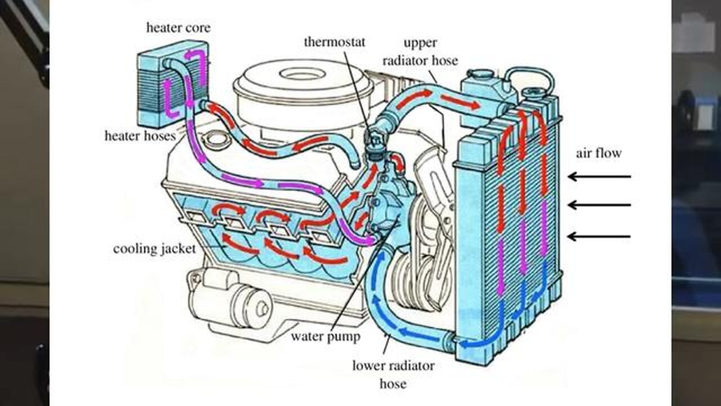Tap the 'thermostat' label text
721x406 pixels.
(335, 42)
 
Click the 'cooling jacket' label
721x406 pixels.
(154, 249)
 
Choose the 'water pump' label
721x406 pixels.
(325, 337)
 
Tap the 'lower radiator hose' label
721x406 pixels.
(393, 374)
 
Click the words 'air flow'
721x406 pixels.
(599, 153)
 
